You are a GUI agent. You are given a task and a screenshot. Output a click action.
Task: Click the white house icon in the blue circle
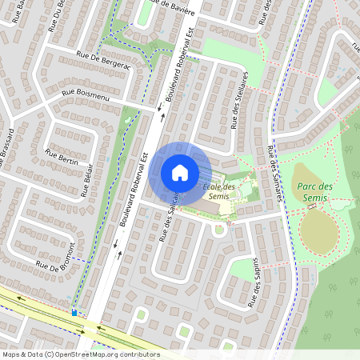(x=180, y=172)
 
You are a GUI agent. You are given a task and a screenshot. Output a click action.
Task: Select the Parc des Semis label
(x=314, y=190)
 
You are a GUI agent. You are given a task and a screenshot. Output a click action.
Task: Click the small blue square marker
(x=74, y=313)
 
